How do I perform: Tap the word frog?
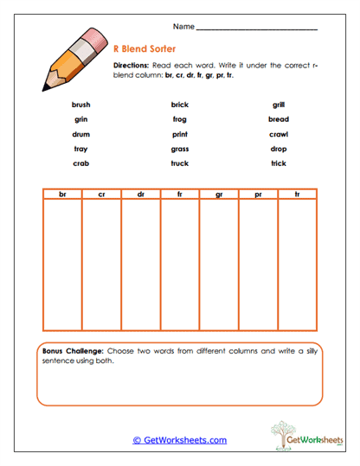click(179, 119)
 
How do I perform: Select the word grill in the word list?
click(278, 105)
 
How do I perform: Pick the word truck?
click(179, 163)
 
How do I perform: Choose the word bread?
click(278, 119)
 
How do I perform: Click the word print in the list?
click(179, 134)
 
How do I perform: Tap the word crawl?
click(278, 134)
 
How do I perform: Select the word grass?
click(179, 149)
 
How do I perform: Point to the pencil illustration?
click(68, 59)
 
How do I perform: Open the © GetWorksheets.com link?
click(179, 440)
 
